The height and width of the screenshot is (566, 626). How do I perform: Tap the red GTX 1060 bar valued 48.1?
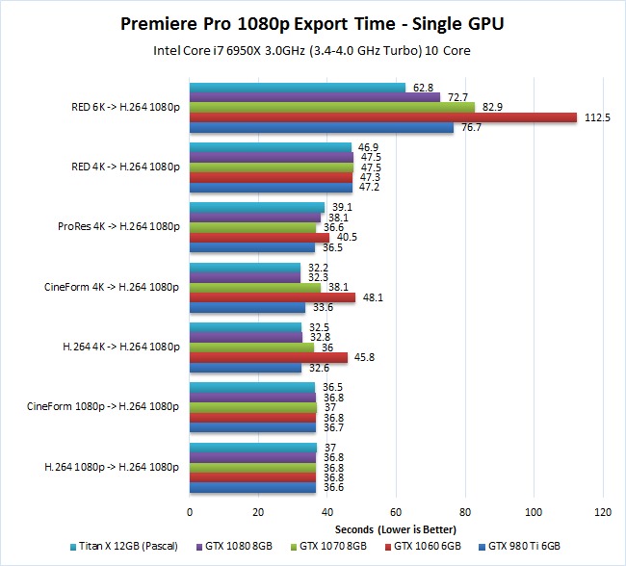click(x=273, y=297)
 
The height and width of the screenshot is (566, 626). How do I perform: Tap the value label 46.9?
click(x=369, y=147)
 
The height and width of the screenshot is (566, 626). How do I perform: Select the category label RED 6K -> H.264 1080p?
click(x=123, y=107)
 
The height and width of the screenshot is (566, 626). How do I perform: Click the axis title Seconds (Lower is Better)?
click(x=396, y=529)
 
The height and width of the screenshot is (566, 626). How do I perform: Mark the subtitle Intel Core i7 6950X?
click(x=314, y=51)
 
